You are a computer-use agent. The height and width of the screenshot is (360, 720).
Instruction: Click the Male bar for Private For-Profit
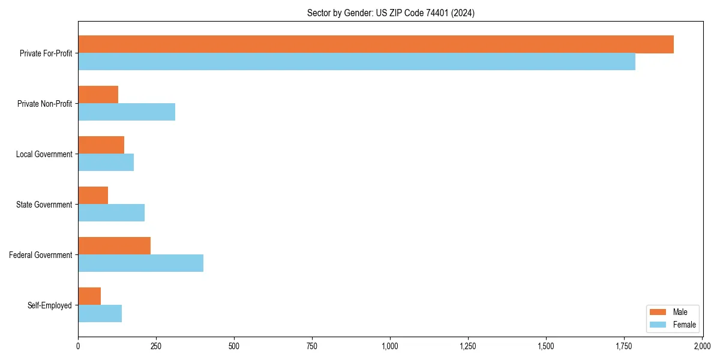pos(376,44)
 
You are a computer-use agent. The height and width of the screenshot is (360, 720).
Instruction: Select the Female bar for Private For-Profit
pos(356,62)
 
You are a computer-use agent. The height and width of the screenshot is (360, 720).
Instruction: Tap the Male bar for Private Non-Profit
pos(98,95)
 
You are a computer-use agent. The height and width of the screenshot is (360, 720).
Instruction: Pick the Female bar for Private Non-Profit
pos(127,112)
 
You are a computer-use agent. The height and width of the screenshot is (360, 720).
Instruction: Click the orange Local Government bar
pos(101,145)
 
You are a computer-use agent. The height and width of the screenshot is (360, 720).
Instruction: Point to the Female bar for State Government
pos(111,213)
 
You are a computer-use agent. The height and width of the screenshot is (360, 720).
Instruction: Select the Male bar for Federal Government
pos(114,246)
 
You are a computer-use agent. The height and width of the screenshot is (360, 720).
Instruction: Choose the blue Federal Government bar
pos(140,263)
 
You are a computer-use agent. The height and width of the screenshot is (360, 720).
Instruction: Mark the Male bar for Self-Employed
pos(89,296)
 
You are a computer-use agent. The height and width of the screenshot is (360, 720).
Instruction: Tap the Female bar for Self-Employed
pos(100,314)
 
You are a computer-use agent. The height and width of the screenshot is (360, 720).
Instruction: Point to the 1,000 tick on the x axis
pos(390,346)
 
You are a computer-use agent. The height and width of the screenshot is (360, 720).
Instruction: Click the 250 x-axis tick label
pos(156,346)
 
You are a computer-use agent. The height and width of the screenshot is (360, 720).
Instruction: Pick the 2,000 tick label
pos(702,346)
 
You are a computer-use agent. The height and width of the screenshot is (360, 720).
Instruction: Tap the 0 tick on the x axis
pos(78,346)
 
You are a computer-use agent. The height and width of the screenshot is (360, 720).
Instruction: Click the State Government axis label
pos(44,205)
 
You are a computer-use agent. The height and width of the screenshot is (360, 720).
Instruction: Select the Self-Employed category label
pos(50,305)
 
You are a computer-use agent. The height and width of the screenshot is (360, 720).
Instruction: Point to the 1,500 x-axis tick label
pos(546,346)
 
